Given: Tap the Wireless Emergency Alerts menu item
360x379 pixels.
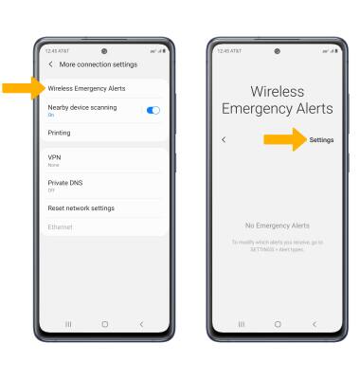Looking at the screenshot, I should click(86, 88).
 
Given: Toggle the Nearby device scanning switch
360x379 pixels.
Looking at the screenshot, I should click(153, 111).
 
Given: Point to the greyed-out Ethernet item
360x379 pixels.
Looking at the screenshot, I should click(60, 227).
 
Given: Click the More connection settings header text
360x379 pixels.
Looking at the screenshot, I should click(99, 63).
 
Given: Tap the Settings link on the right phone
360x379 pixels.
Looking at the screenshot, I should click(321, 140).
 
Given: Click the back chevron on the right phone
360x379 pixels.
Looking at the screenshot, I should click(224, 140).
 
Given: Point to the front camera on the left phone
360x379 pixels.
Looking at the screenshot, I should click(103, 50).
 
